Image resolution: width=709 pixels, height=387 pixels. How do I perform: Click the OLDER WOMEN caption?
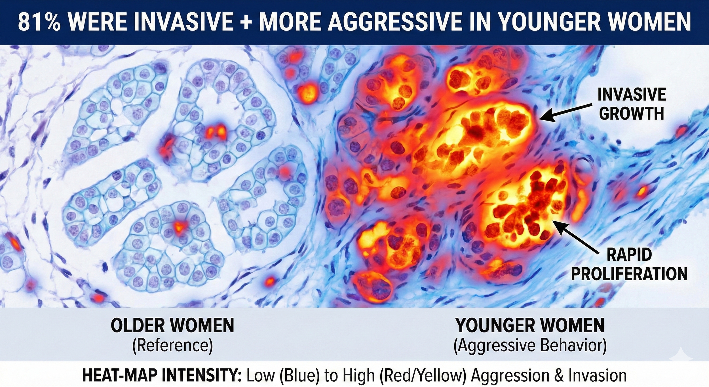172,325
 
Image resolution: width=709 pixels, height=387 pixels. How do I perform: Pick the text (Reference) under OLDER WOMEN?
172,345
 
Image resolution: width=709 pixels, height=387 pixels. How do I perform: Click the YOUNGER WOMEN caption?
530,325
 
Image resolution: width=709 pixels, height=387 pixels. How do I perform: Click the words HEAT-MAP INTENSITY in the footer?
162,375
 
